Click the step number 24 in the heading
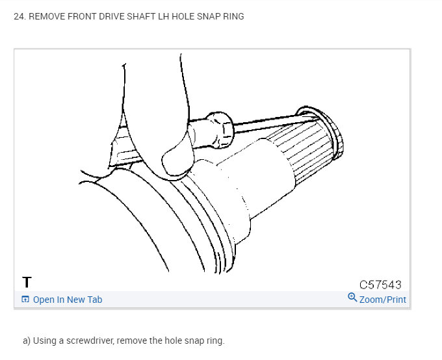pos(19,16)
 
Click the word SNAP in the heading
pos(207,16)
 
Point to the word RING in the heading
pos(233,16)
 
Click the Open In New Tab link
pos(67,300)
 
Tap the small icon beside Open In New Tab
pos(25,300)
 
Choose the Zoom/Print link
pos(382,300)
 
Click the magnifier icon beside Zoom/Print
pos(352,298)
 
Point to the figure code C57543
pos(380,285)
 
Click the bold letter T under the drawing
pos(27,283)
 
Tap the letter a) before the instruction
pos(27,341)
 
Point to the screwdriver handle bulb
pos(216,129)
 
